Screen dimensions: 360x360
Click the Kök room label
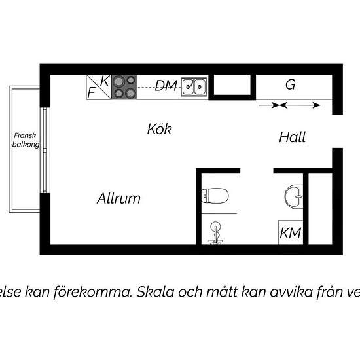click(x=159, y=129)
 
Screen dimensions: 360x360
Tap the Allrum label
click(x=118, y=198)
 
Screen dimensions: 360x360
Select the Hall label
click(x=293, y=137)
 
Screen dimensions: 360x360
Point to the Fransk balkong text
click(x=26, y=140)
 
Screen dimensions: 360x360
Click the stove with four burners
click(x=124, y=87)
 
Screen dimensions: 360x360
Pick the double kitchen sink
click(x=194, y=87)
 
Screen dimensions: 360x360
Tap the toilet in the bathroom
click(x=215, y=196)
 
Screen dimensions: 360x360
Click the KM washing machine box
click(x=291, y=232)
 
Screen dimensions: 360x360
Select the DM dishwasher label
click(x=166, y=85)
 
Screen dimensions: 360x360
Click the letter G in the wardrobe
click(x=290, y=84)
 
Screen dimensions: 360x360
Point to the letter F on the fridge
click(x=91, y=92)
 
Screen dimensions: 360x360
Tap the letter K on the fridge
click(x=105, y=81)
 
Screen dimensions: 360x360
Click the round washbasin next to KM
click(x=294, y=196)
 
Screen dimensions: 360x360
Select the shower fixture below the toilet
click(x=215, y=233)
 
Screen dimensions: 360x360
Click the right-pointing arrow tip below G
click(x=320, y=105)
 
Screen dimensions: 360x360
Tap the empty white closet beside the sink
click(x=232, y=84)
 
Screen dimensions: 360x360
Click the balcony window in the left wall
click(x=45, y=151)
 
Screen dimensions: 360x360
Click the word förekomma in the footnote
click(x=93, y=292)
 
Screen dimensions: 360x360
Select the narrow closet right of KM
click(x=320, y=209)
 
